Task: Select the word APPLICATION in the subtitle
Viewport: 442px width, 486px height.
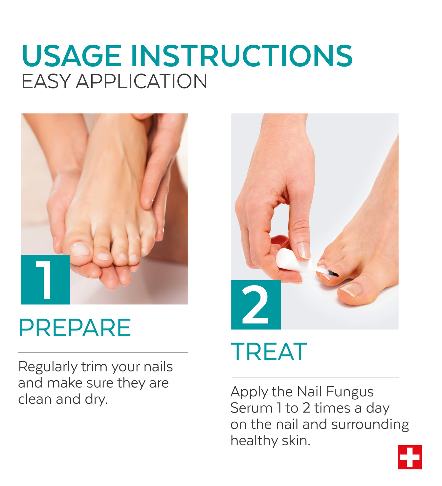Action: (x=142, y=81)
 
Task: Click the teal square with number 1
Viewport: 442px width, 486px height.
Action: (x=45, y=280)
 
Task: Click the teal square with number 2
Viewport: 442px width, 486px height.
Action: (x=256, y=305)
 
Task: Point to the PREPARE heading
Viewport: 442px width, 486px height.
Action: (x=75, y=328)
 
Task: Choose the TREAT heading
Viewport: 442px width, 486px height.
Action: (x=269, y=351)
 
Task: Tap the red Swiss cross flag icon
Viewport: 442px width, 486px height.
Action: (x=409, y=457)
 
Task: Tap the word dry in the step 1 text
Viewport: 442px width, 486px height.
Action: (x=96, y=399)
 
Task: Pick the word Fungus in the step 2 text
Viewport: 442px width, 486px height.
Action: (x=350, y=392)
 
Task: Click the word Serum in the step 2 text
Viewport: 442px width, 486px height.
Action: (x=252, y=408)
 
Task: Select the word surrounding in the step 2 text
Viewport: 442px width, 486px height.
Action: (x=370, y=425)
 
